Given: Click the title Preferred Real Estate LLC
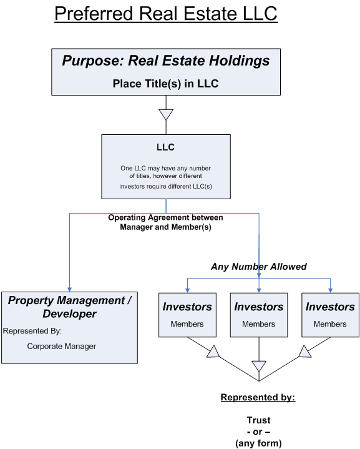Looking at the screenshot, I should tap(166, 13).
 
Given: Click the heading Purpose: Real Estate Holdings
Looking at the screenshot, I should tap(166, 61).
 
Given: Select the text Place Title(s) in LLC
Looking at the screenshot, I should tap(166, 82).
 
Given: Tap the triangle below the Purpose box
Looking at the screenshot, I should tap(166, 114).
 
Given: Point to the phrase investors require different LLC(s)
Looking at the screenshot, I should tap(165, 185).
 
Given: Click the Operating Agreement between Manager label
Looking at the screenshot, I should tap(165, 217).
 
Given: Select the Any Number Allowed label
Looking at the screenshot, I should tap(259, 267).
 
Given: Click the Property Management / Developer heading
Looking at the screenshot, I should tap(69, 306).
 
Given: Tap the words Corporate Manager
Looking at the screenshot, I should tap(62, 345).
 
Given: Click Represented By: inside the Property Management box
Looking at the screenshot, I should tap(32, 331).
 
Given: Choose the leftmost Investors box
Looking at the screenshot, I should tap(187, 315).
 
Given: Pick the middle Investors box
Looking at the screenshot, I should tap(259, 315).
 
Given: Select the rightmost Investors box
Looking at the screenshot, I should tap(330, 315).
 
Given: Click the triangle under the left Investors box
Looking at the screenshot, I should tap(213, 353).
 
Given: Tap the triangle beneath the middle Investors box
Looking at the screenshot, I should tap(259, 365).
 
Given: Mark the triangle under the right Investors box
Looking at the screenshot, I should tap(304, 353).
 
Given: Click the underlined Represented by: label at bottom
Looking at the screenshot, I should tap(258, 397).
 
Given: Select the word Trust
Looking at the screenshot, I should tap(258, 420).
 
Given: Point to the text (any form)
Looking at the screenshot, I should tap(258, 443).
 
